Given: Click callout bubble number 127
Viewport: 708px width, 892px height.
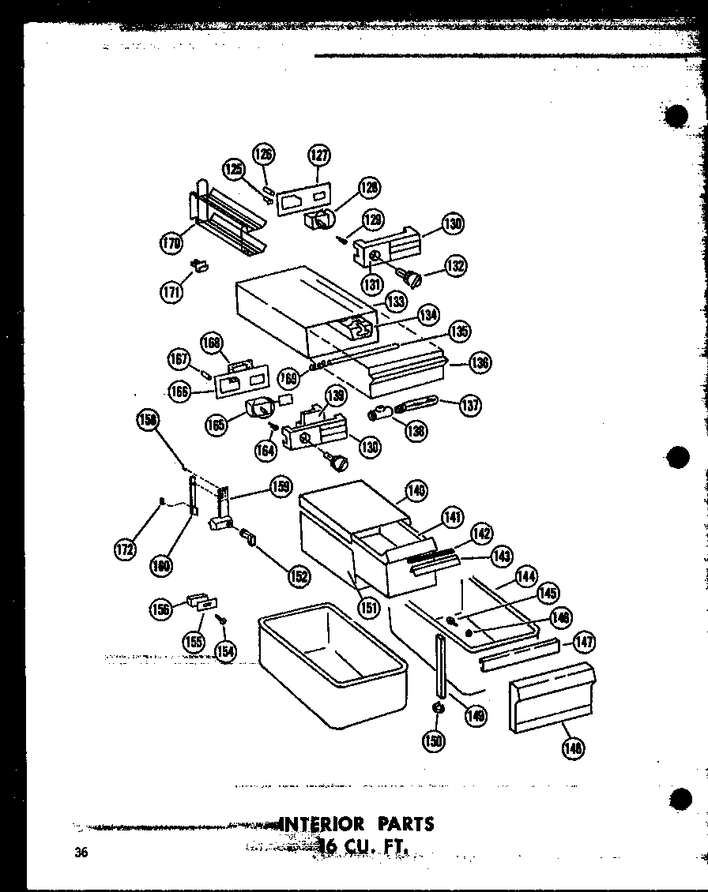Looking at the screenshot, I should (x=319, y=156).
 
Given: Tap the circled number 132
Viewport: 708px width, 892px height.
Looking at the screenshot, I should (x=455, y=266).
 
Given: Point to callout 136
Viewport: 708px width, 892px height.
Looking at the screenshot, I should (x=479, y=362).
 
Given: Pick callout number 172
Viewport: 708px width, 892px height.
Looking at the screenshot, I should (x=124, y=550).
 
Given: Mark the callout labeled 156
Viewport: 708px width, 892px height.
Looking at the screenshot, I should (x=161, y=609).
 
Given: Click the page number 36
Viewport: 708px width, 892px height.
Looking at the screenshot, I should (x=80, y=851).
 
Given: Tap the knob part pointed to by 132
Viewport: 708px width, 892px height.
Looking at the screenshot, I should (x=412, y=275).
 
